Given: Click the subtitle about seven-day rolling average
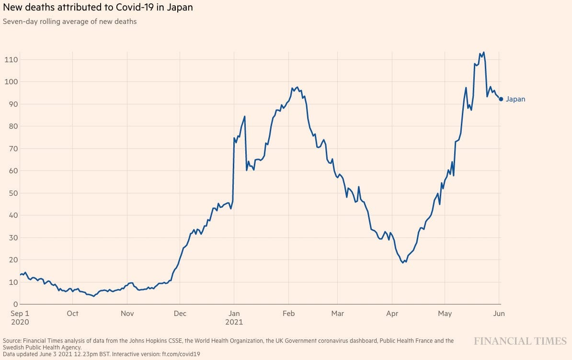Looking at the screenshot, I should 70,22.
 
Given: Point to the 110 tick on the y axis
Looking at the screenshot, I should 11,59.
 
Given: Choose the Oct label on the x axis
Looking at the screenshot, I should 73,314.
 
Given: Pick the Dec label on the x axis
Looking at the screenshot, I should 180,314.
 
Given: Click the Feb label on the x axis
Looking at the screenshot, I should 288,314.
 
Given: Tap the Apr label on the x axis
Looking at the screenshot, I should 392,314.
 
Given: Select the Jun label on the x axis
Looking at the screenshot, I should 499,314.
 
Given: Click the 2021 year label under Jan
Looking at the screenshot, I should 234,322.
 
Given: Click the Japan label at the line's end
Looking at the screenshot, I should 515,99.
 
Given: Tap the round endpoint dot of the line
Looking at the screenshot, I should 501,99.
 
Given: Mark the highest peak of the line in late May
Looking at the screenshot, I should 483,52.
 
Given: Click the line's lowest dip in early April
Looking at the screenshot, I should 403,262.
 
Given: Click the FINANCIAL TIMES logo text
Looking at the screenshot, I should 520,341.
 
